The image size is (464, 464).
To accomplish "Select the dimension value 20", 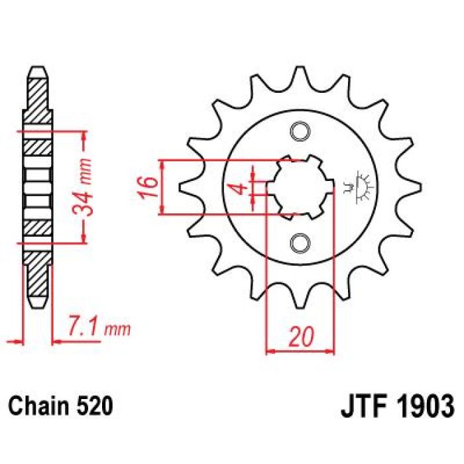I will (300, 338).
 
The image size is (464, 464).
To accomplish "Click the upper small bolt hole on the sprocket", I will (300, 131).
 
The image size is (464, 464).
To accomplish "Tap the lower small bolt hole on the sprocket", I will (300, 242).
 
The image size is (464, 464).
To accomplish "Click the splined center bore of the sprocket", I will (300, 186).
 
